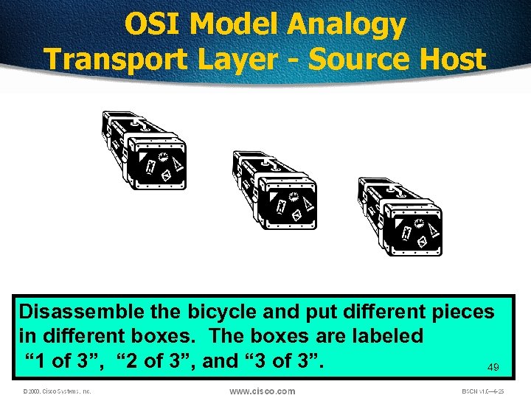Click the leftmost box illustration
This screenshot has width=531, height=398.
coord(144,150)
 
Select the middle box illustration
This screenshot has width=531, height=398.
coord(274,189)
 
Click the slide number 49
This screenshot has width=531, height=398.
coord(493,366)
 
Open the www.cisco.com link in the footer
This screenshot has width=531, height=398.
coord(262,391)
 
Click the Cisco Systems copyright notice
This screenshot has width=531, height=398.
coord(57,391)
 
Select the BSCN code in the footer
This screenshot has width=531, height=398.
coord(484,391)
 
